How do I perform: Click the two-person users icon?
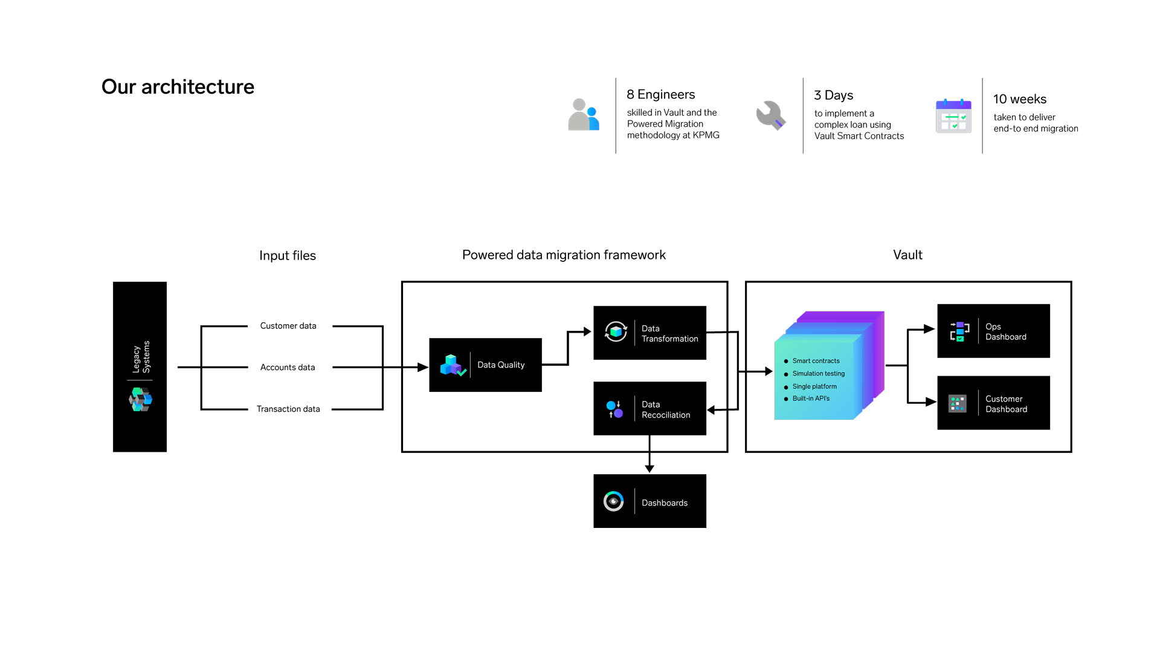[x=584, y=115]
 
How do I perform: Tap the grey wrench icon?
[x=770, y=115]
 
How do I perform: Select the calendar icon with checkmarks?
[x=953, y=116]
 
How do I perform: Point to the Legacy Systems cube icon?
[x=140, y=400]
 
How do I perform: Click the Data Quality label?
[x=501, y=365]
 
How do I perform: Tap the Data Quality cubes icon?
[x=453, y=365]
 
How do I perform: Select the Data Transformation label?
[x=669, y=334]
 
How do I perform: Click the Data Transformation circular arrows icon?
[x=616, y=332]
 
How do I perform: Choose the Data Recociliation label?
[x=665, y=410]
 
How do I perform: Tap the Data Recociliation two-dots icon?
[x=614, y=409]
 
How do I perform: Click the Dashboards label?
[x=664, y=503]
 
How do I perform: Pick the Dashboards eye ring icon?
[x=613, y=501]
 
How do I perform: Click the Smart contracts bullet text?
[x=816, y=361]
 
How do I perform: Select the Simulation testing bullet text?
[x=818, y=374]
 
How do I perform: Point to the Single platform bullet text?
[x=814, y=387]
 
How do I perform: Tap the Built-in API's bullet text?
[x=811, y=399]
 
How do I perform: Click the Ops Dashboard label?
[x=1005, y=332]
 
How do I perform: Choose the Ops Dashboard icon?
[x=959, y=331]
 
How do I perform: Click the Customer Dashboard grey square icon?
[x=957, y=404]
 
